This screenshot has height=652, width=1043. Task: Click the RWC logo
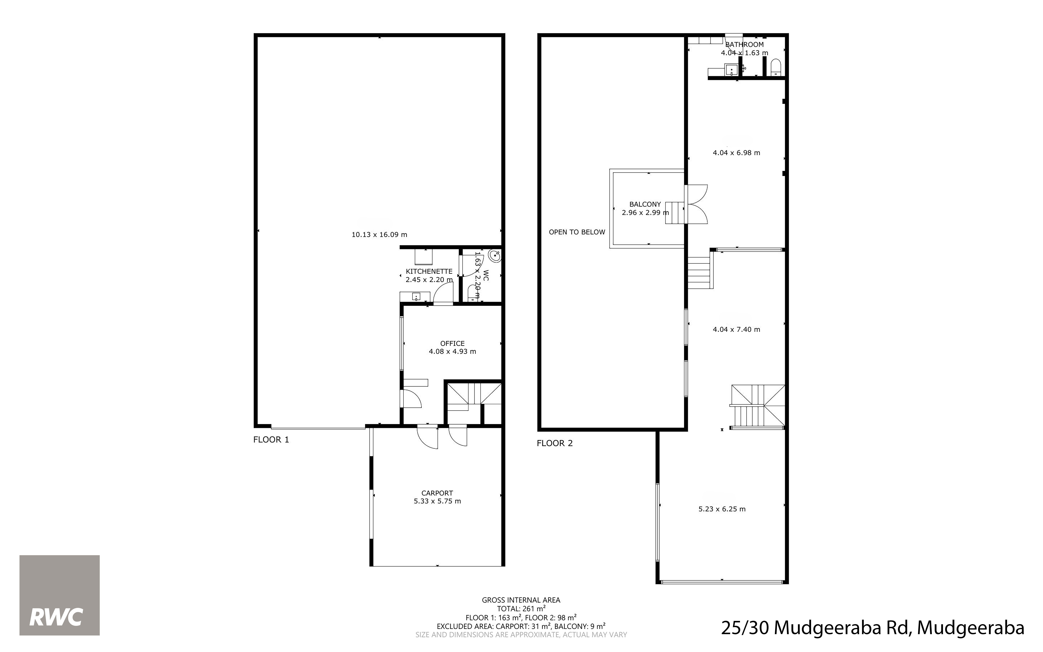[x=59, y=595]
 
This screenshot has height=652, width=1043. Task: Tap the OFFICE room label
[x=452, y=343]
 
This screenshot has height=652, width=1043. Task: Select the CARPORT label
[x=437, y=493]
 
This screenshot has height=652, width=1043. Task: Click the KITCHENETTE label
[x=429, y=271]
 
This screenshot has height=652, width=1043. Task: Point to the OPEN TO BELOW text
[x=577, y=232]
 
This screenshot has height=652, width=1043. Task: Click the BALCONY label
[x=645, y=204]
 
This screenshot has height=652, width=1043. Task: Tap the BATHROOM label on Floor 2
[x=744, y=44]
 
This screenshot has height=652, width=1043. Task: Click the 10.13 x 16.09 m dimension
[x=379, y=235]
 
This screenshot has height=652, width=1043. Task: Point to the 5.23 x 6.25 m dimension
[x=722, y=509]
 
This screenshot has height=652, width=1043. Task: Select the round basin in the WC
[x=495, y=256]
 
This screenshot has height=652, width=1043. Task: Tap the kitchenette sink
[x=416, y=297]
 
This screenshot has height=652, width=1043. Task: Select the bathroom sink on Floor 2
[x=731, y=69]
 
